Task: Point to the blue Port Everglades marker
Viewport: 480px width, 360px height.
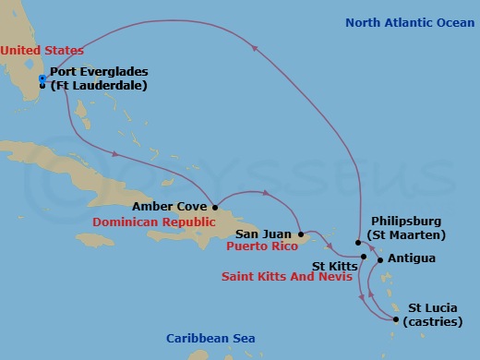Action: point(42,78)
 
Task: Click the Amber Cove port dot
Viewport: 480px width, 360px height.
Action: point(214,207)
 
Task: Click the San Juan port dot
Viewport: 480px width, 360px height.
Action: point(301,234)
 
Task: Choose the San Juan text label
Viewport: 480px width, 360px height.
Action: point(266,234)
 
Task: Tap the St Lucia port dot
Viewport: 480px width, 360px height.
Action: point(397,320)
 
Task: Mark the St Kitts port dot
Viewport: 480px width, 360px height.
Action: point(364,256)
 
